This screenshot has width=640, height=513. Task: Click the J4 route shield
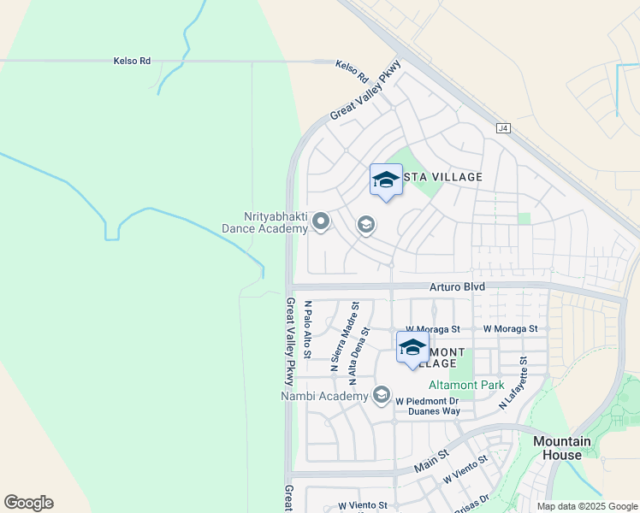pyautogui.click(x=504, y=128)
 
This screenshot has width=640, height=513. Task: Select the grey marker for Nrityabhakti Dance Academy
pyautogui.click(x=321, y=222)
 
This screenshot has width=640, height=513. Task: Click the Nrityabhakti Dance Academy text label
pyautogui.click(x=264, y=223)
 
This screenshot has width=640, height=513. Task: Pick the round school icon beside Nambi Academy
pyautogui.click(x=382, y=395)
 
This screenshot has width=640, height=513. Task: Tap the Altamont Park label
pyautogui.click(x=466, y=386)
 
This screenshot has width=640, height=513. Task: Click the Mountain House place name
pyautogui.click(x=562, y=448)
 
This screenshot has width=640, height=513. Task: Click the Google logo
pyautogui.click(x=28, y=503)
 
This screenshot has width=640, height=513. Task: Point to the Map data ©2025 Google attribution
pyautogui.click(x=586, y=506)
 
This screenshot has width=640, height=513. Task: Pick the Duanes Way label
pyautogui.click(x=434, y=411)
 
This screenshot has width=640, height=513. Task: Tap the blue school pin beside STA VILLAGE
pyautogui.click(x=387, y=180)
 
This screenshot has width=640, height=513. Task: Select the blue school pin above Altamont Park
pyautogui.click(x=412, y=347)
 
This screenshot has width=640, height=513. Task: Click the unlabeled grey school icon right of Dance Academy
pyautogui.click(x=365, y=225)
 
